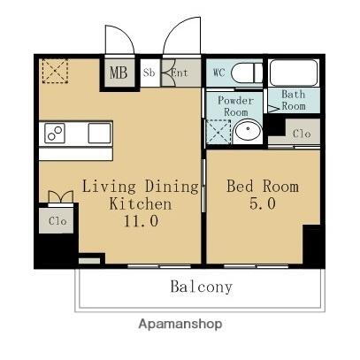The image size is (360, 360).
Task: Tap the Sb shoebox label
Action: pos(150,73)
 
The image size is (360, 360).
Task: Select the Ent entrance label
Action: pos(180,73)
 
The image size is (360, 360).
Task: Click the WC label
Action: pos(219,72)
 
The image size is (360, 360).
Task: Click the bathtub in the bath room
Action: pos(295,73)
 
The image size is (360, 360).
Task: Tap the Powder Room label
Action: pos(236,106)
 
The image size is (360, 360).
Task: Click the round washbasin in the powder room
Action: pos(249,132)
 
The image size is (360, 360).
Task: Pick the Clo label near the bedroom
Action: pos(302,134)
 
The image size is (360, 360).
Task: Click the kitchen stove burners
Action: pos(55,134)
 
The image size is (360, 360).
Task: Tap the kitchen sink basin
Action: pos(98,134)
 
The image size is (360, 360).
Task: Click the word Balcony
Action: pos(202,287)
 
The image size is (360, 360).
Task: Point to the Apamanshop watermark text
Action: pos(180,324)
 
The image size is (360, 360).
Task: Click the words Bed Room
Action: pos(263,187)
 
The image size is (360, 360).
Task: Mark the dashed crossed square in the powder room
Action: pos(218,132)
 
